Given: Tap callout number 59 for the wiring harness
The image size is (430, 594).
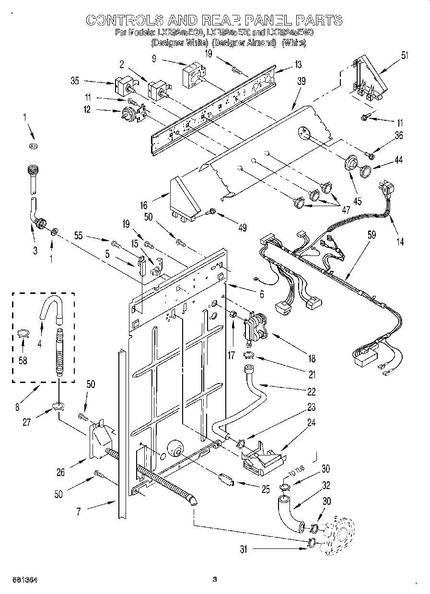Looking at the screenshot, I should (x=372, y=235).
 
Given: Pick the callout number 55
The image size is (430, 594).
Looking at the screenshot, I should (x=79, y=235).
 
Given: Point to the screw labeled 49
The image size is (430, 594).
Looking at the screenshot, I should (x=211, y=211).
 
